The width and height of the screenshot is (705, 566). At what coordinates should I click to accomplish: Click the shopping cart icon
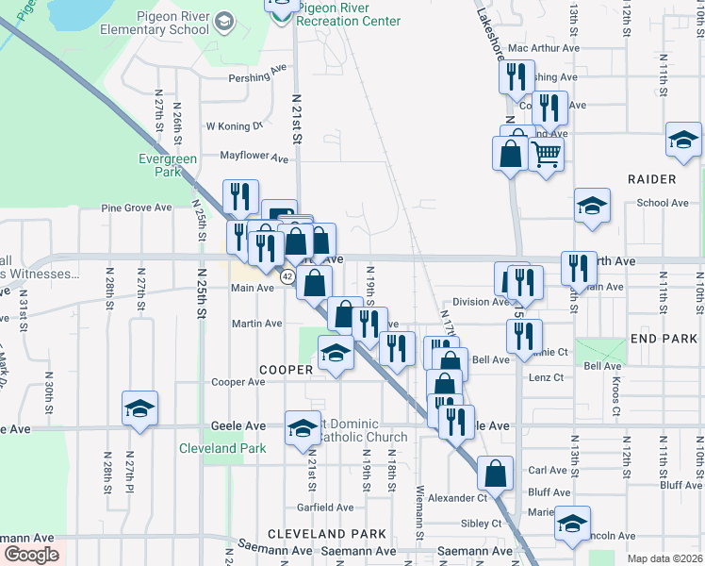pos(547,152)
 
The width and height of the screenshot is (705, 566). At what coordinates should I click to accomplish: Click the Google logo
pos(31,555)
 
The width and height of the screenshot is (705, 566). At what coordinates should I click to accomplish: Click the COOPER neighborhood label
pos(287,370)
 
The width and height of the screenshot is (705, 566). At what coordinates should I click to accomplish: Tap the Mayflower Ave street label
pos(254,158)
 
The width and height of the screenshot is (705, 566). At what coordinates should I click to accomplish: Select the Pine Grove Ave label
pos(137,208)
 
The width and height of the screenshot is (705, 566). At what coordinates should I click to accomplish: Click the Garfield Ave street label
pos(324,507)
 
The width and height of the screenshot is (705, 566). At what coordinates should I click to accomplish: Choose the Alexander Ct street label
pos(457,497)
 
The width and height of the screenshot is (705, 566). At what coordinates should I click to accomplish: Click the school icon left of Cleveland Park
pos(139,408)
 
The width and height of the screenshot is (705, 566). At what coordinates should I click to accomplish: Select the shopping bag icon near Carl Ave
pos(495,473)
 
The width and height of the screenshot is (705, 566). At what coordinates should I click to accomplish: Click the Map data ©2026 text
pos(664,558)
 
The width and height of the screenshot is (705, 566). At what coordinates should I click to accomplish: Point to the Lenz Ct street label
pos(545,377)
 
